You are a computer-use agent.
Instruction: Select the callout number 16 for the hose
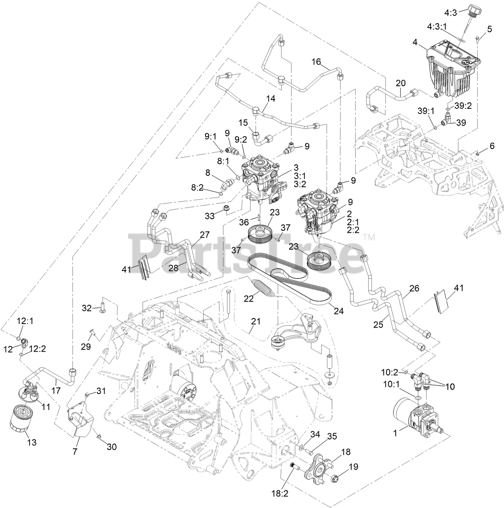(317, 62)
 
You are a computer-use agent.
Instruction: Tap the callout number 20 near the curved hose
(400, 83)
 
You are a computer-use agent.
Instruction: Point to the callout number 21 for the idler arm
(256, 321)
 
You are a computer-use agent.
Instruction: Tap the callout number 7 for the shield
(75, 452)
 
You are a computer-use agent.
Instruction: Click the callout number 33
(210, 216)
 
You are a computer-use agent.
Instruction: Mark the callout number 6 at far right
(492, 146)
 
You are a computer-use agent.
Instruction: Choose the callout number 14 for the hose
(271, 98)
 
